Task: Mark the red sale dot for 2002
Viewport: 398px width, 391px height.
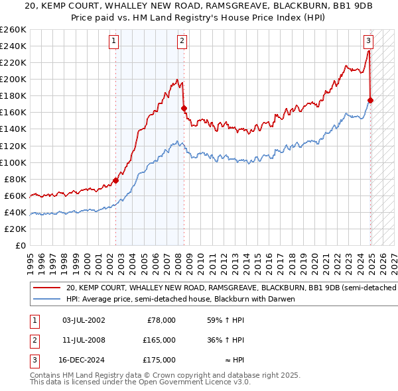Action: point(115,180)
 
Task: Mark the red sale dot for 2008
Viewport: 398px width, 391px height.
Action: point(184,107)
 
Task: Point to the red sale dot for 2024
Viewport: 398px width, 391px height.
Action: point(370,100)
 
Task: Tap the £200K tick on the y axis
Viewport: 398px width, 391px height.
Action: point(13,79)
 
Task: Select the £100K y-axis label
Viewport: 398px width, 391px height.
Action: point(13,162)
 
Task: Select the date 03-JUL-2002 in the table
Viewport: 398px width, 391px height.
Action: point(83,320)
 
